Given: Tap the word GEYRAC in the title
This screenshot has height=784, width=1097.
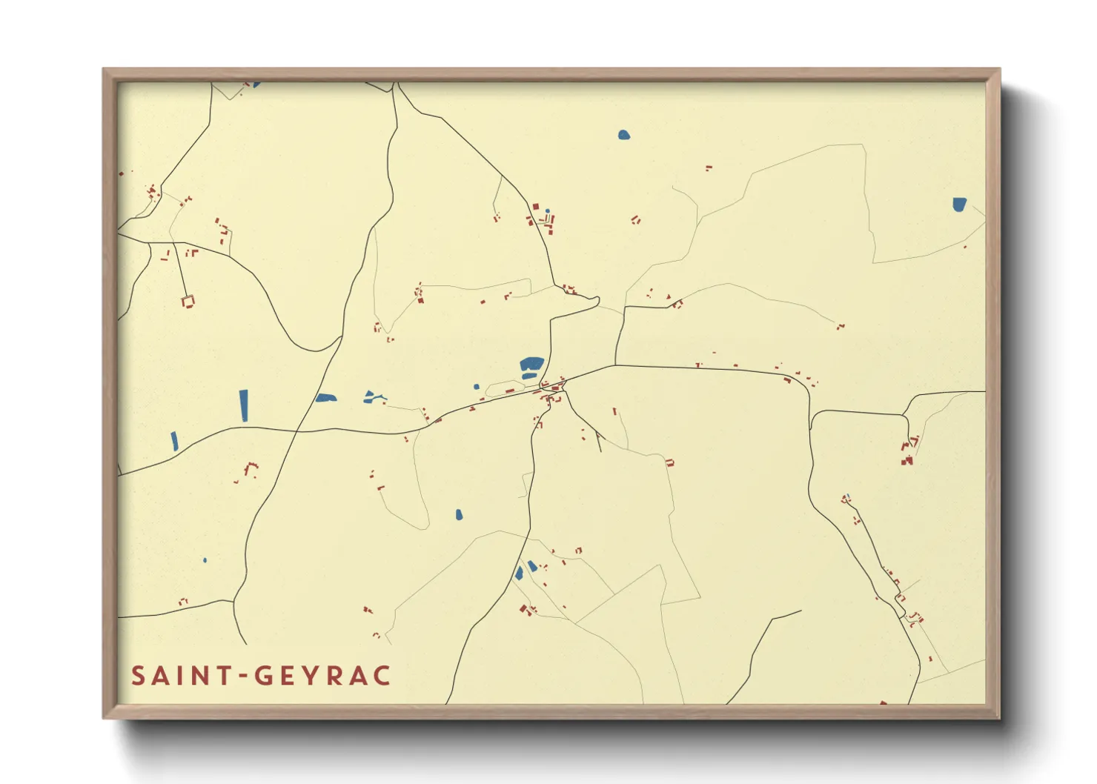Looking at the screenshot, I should coord(323,676).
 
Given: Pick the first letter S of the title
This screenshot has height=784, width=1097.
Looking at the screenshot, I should coord(138,676).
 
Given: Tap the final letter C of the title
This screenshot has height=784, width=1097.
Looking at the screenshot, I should coord(382,676).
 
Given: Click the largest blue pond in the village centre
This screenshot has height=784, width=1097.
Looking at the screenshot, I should coord(531,364).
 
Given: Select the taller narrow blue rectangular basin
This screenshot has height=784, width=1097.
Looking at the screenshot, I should coord(244,405).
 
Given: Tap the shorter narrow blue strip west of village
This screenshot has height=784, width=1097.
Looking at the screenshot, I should coord(174,442).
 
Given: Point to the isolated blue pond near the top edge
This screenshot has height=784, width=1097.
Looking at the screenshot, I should coord(623,135).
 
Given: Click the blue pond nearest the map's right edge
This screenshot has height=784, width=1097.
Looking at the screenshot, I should coord(959,204).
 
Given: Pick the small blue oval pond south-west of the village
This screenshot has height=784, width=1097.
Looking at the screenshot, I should coord(459,514).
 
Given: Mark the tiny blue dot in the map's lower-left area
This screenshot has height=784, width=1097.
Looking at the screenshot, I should coord(205,560).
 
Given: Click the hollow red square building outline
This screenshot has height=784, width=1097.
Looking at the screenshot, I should coord(188,301).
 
